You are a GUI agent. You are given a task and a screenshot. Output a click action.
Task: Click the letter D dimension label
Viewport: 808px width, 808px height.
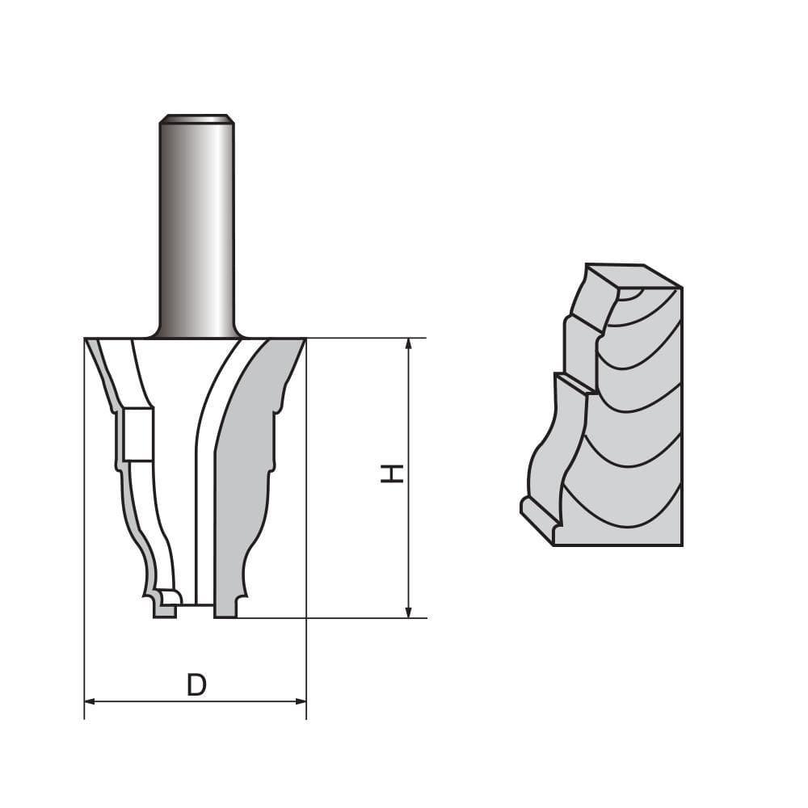196,685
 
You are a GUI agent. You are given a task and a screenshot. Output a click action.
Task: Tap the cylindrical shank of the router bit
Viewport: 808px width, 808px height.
196,226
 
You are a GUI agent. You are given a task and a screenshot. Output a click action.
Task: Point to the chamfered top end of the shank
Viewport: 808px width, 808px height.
196,119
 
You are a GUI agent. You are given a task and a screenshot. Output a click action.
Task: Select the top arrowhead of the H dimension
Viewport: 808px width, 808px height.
409,344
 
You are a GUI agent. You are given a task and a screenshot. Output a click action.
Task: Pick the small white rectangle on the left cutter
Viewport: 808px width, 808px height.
138,435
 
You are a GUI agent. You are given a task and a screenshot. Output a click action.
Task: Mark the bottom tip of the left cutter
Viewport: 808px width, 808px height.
164,613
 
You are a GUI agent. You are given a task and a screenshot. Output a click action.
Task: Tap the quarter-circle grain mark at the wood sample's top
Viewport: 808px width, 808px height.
630,295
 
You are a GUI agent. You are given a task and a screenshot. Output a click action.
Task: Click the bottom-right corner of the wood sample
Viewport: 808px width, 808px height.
681,544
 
